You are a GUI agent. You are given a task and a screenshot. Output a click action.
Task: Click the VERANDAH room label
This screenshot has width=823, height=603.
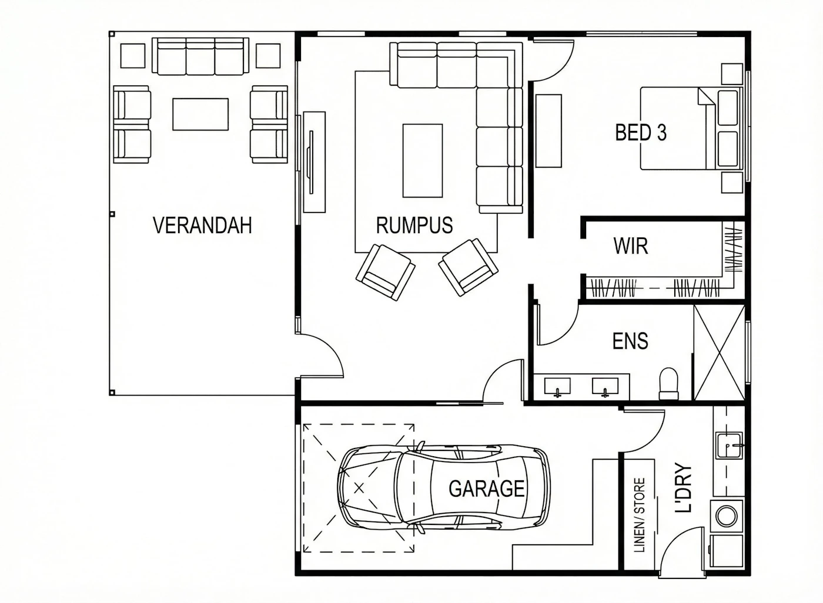[202, 225]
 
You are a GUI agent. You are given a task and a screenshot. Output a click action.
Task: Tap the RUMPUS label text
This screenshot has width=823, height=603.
[414, 225]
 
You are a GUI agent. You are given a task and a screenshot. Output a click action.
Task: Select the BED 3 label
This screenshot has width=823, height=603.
[641, 133]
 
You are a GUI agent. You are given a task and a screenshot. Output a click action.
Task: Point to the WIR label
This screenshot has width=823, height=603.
[630, 246]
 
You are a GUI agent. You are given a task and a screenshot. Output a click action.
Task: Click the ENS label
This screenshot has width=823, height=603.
[630, 341]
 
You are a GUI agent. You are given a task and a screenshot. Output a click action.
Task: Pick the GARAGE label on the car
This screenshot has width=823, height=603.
[487, 489]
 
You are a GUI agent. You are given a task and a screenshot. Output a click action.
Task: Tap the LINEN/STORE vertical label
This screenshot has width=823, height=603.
[640, 515]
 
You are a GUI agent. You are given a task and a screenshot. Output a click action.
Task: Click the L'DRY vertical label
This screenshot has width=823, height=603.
[684, 487]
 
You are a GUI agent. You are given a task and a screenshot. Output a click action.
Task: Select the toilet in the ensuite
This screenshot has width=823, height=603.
[669, 383]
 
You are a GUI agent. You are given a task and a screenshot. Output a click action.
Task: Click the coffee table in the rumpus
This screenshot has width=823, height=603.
[423, 161]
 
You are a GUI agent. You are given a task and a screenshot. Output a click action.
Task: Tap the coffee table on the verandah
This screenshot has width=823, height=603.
[200, 114]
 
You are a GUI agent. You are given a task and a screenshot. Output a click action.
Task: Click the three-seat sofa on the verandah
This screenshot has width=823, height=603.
[200, 56]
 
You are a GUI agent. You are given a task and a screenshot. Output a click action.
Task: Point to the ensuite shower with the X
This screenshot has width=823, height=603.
[719, 353]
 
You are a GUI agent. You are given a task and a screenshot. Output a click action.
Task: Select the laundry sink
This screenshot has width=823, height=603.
[729, 445]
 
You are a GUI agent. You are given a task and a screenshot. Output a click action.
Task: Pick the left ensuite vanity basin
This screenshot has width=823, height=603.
[557, 387]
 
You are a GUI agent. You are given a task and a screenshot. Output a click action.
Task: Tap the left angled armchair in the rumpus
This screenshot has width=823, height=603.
[386, 272]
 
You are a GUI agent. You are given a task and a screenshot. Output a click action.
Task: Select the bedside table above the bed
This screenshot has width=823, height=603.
[732, 74]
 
